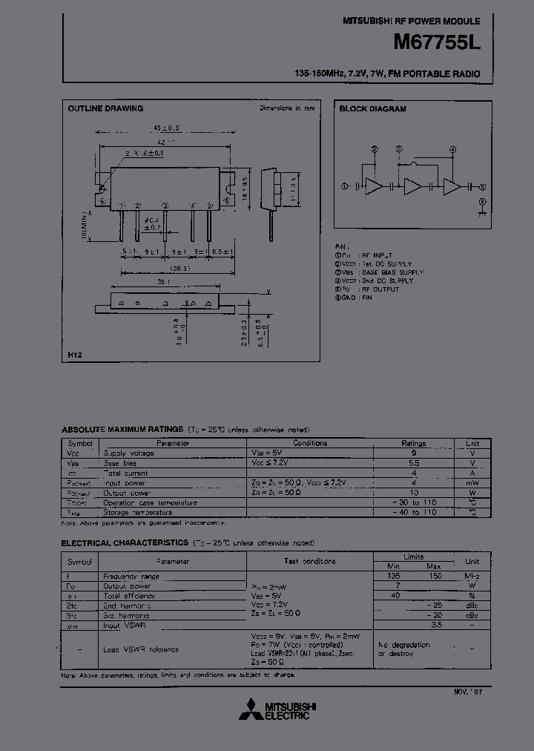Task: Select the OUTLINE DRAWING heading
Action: [x=105, y=108]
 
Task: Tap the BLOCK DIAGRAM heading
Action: [x=372, y=108]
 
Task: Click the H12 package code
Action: [x=75, y=355]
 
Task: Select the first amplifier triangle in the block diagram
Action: [x=376, y=187]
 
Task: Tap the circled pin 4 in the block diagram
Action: [x=452, y=148]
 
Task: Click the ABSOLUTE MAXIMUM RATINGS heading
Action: [x=122, y=430]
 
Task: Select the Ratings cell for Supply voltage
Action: [x=414, y=453]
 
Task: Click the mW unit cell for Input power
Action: [x=472, y=482]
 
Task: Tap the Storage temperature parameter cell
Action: [x=138, y=512]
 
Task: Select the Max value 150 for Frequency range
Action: [x=436, y=576]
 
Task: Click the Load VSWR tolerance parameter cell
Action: [x=141, y=649]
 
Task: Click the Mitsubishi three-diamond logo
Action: [x=254, y=709]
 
